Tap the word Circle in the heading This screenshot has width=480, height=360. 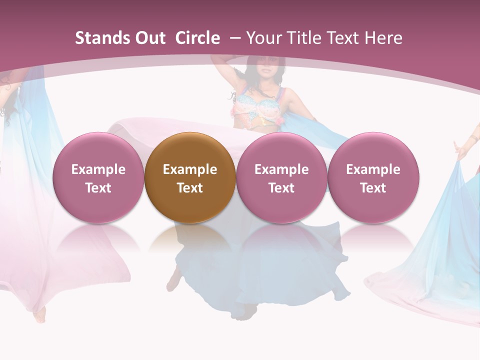point(197,38)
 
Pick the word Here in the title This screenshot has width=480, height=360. point(383,38)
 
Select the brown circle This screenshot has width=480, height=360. point(189,177)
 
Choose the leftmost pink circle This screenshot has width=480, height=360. point(98,177)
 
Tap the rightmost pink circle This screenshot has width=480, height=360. point(373,177)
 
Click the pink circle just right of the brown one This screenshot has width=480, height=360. point(281,177)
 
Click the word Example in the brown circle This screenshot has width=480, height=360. point(190,169)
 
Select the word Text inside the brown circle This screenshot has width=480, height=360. point(190,188)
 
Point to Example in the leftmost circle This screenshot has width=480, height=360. point(98,169)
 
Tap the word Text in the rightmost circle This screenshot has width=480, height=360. point(373,188)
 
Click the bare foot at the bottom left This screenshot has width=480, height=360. point(39,315)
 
